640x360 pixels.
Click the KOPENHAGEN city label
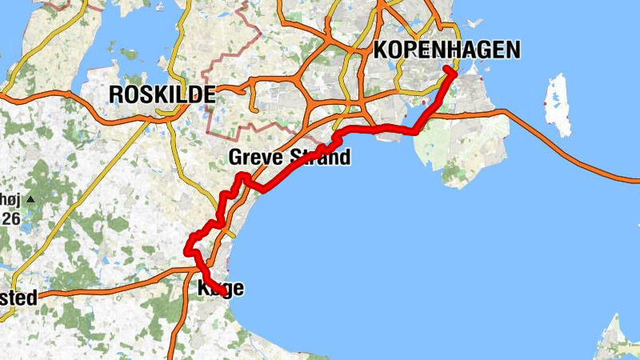(x=446, y=50)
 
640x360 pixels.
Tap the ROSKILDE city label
(x=162, y=94)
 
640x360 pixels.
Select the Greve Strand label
(x=290, y=157)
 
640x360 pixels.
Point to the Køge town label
(x=220, y=289)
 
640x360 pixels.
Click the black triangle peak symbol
(x=30, y=198)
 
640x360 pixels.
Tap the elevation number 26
(x=10, y=217)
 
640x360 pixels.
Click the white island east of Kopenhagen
(x=557, y=103)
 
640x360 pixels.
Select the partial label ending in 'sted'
(x=18, y=298)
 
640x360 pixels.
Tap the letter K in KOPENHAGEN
(x=380, y=50)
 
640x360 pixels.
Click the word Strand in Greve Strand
(x=320, y=157)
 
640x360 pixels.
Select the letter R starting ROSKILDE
(x=114, y=94)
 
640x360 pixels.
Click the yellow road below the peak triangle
(x=48, y=232)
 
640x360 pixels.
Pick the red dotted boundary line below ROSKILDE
(x=210, y=120)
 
